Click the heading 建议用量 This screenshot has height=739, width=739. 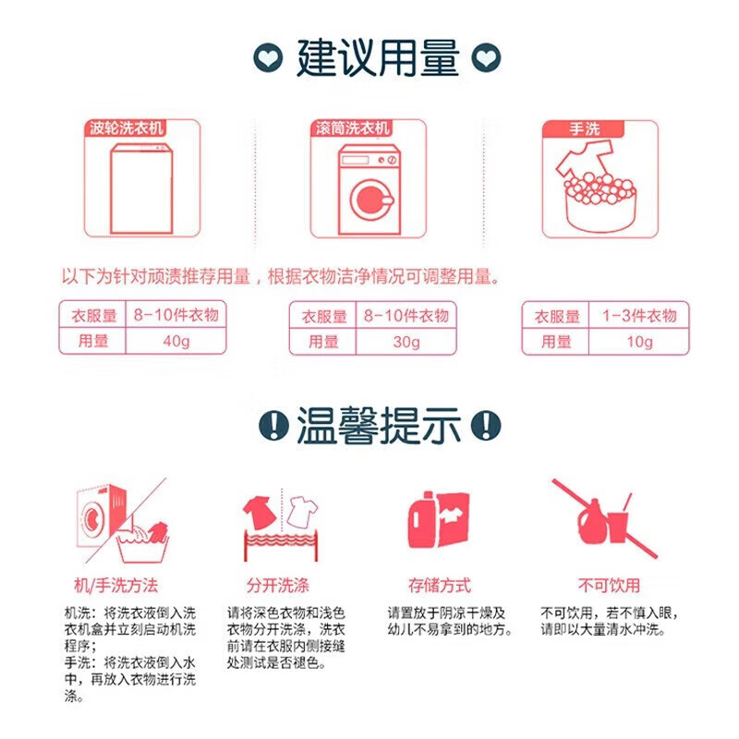point(377,57)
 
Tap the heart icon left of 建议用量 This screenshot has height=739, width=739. point(268,58)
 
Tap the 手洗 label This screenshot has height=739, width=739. point(566,128)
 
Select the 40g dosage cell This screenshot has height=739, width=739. point(175,341)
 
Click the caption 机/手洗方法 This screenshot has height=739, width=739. point(115,585)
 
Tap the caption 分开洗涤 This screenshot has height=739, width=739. point(277,585)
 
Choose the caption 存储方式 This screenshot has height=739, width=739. point(440,585)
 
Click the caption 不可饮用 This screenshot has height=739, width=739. point(609,585)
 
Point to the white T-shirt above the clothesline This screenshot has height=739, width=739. point(299,509)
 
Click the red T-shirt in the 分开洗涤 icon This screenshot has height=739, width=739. point(258,508)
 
